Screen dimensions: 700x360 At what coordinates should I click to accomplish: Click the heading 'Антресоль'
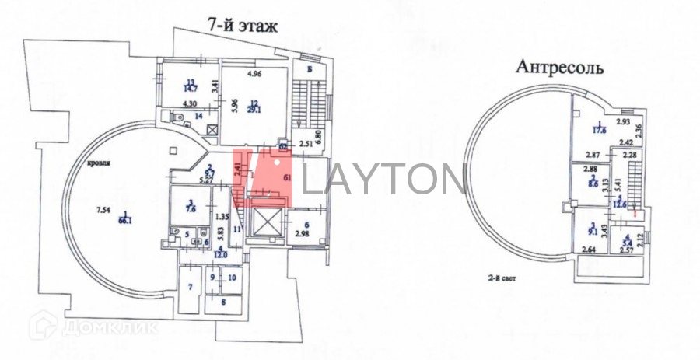[x=560, y=67]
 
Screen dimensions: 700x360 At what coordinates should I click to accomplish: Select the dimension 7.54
[x=103, y=210]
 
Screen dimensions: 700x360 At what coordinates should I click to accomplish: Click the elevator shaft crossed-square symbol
[x=264, y=223]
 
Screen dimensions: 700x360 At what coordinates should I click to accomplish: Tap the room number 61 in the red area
[x=287, y=177]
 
